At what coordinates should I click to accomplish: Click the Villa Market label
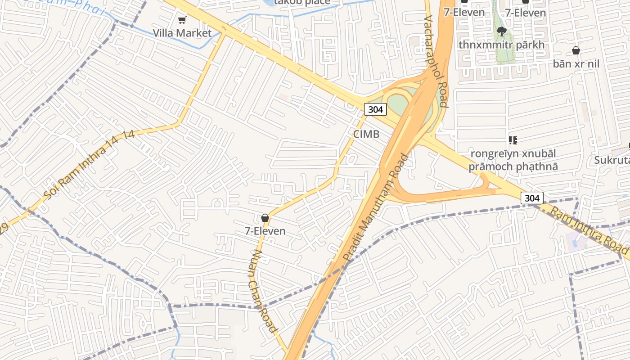tap(182, 33)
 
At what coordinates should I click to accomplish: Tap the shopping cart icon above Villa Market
tap(182, 20)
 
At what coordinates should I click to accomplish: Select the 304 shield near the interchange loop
tap(375, 109)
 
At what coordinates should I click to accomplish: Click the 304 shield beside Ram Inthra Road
tap(532, 198)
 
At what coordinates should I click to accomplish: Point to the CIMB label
tap(366, 134)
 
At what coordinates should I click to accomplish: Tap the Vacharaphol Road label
tap(436, 62)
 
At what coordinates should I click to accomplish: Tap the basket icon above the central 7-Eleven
tap(265, 218)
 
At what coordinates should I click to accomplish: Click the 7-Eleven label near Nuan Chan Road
tap(265, 231)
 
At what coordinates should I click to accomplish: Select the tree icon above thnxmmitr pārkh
tap(501, 31)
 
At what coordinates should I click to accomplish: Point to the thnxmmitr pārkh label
tap(501, 45)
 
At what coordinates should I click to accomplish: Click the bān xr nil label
tap(576, 64)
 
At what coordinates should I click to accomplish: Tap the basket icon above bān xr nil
tap(576, 50)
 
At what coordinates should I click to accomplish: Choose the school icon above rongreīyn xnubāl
tap(513, 140)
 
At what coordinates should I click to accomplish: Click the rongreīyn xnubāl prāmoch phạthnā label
tap(513, 160)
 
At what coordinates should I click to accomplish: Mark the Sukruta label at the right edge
tap(612, 160)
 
